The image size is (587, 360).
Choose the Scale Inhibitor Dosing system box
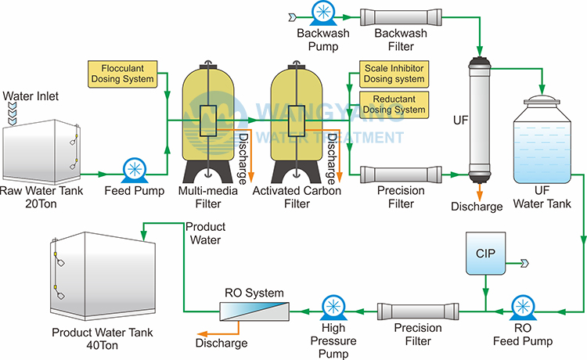[x=394, y=74]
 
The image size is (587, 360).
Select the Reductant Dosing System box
[x=394, y=104]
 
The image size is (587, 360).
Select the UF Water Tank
[x=540, y=141]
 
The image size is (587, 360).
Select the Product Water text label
[x=206, y=233]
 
